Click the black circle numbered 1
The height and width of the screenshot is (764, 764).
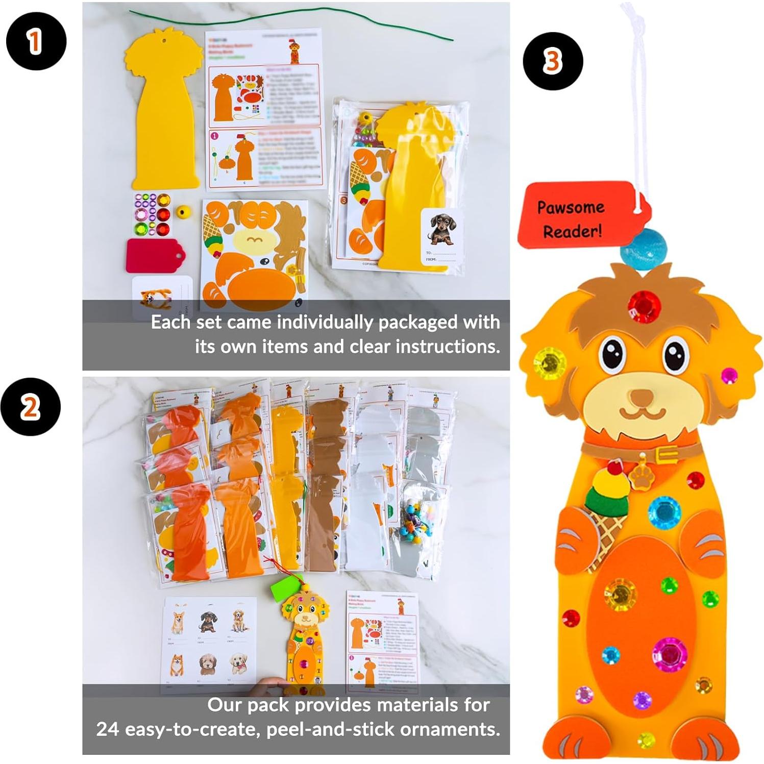36,41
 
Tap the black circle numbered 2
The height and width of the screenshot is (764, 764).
31,407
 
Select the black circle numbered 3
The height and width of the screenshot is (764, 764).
553,61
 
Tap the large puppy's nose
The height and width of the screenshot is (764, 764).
642,397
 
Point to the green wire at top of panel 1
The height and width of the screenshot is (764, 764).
291,23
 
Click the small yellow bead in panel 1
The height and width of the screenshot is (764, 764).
182,211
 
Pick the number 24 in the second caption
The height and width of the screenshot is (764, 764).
107,729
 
